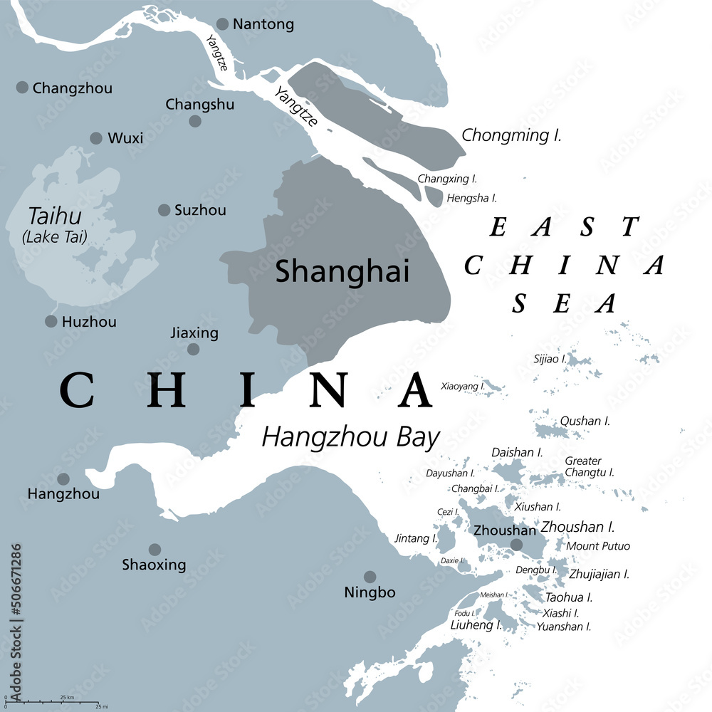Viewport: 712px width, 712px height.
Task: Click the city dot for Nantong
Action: click(x=223, y=24)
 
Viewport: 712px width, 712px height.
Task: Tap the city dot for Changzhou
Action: click(x=22, y=88)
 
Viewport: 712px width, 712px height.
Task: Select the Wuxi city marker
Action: click(x=96, y=138)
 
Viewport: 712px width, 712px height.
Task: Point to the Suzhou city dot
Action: click(x=164, y=210)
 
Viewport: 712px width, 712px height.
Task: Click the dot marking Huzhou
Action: click(x=51, y=322)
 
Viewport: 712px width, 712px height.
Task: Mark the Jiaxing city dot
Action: click(x=193, y=349)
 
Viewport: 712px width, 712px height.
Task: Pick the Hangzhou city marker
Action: click(x=63, y=479)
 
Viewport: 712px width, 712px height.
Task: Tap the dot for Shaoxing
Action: click(x=155, y=550)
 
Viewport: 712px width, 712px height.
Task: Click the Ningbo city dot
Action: click(x=370, y=577)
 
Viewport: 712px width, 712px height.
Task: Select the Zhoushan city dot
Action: click(x=516, y=545)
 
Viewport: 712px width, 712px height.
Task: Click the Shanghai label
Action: click(x=342, y=271)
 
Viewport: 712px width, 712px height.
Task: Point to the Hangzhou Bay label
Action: click(x=350, y=436)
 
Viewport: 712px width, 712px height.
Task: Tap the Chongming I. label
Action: click(x=511, y=135)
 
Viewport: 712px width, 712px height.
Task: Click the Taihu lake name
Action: click(x=54, y=216)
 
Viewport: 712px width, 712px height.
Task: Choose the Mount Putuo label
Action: click(x=598, y=546)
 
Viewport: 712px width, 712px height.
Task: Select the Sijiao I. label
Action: click(x=550, y=360)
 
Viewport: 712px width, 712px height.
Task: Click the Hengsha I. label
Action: click(x=472, y=198)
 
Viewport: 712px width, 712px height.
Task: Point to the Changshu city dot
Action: click(x=195, y=121)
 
